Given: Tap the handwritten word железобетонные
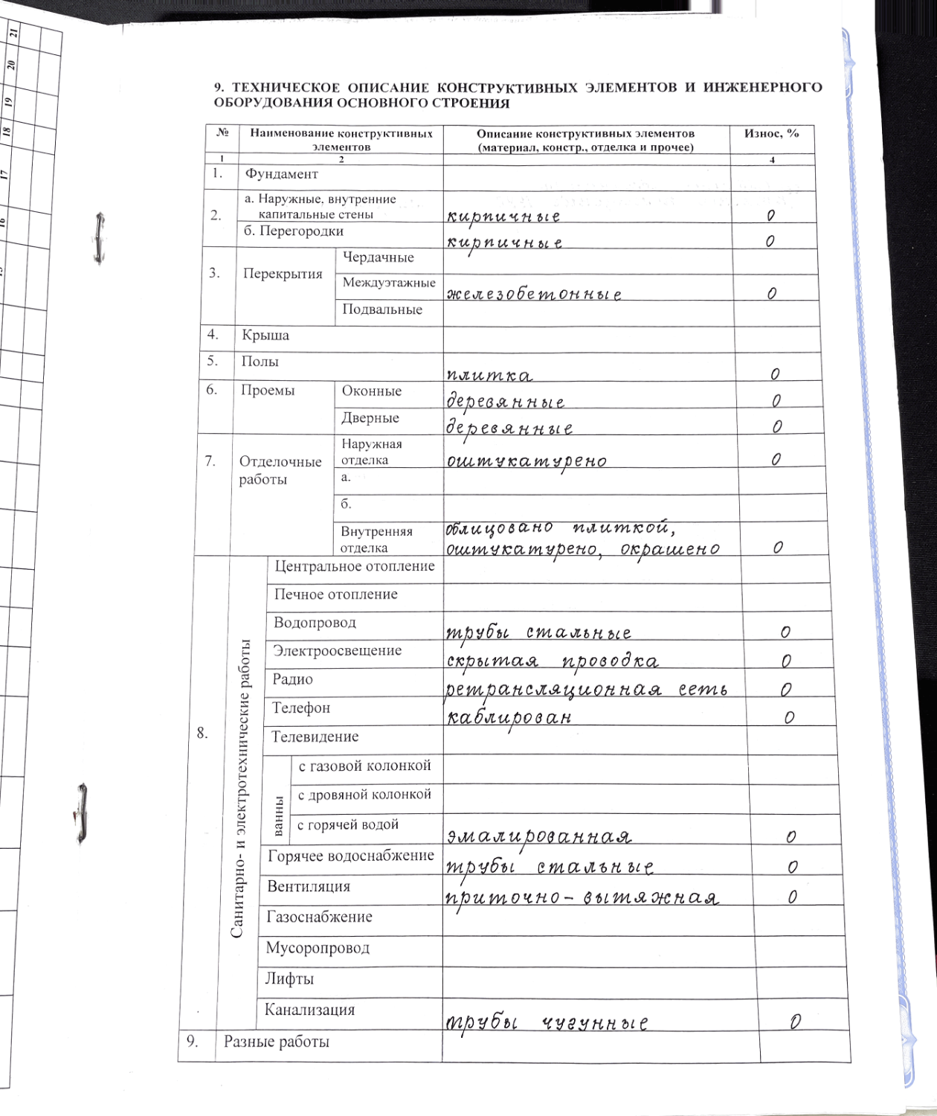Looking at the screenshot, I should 533,294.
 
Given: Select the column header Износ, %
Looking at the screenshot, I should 772,134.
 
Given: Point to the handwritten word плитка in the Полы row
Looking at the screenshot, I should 489,375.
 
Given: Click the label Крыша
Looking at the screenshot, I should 265,336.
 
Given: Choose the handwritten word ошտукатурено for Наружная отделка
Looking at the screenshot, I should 527,461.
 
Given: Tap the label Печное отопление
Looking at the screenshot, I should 335,594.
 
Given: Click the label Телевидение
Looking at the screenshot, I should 315,737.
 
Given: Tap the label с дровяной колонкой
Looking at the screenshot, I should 364,795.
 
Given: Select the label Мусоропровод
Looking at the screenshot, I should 318,949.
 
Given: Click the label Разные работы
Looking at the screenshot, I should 276,1042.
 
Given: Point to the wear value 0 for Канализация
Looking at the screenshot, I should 796,1022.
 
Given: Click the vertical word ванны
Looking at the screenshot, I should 278,815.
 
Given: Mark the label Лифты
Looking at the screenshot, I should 289,979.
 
